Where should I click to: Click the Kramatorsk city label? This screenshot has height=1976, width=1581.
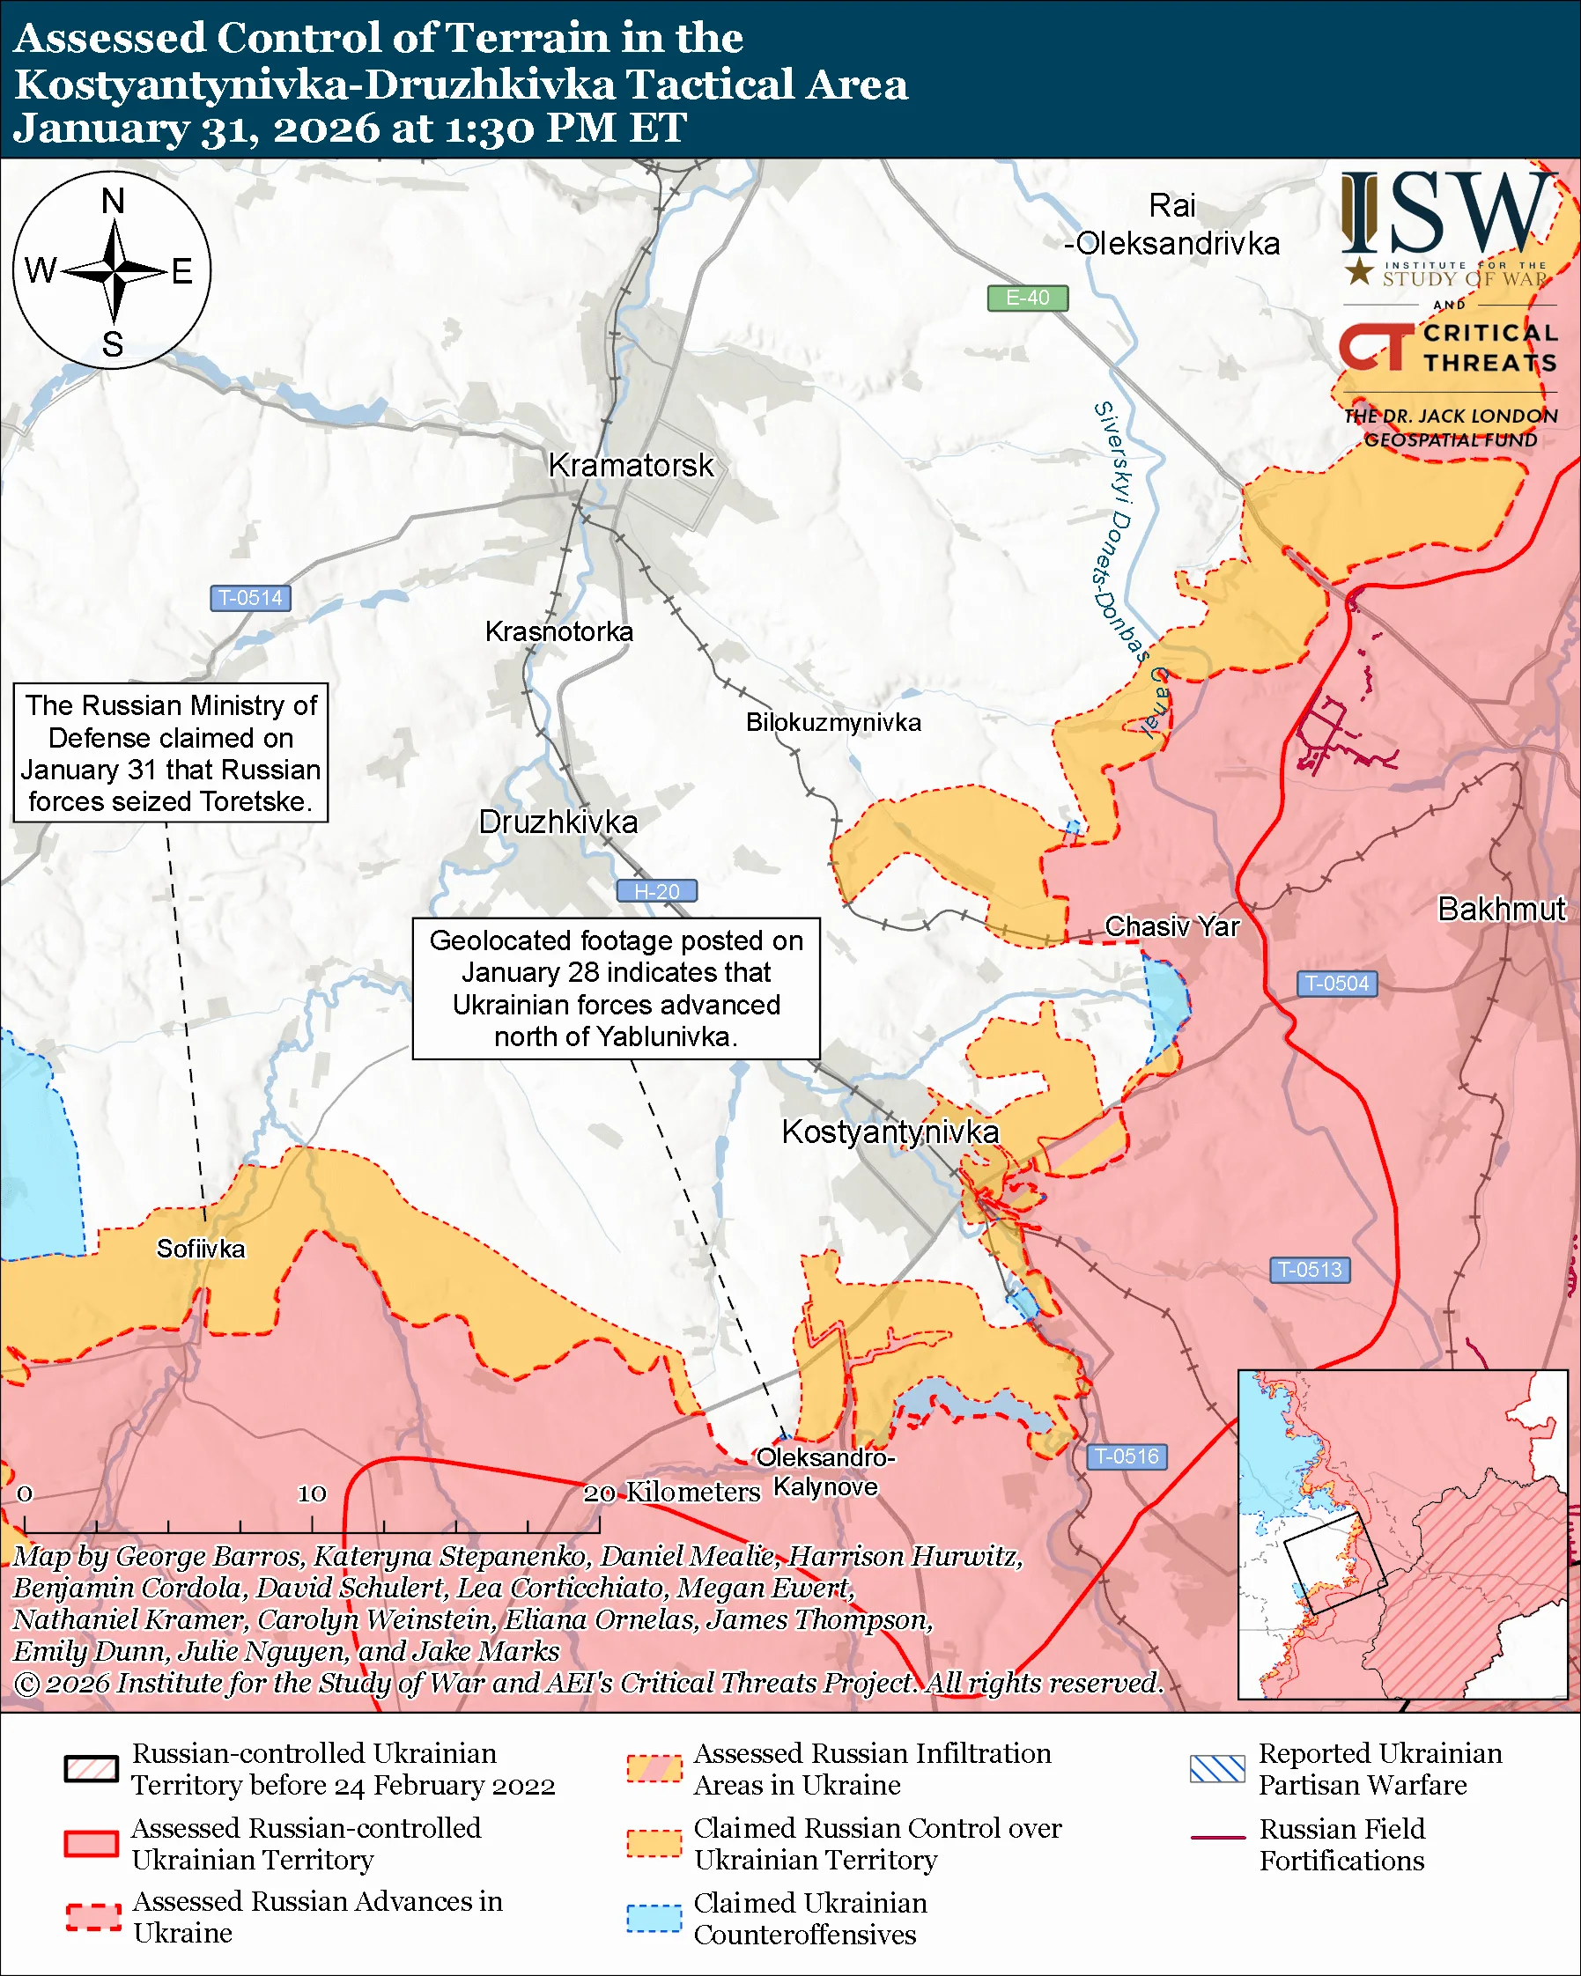click(x=631, y=466)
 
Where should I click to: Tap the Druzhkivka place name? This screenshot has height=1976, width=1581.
click(x=558, y=822)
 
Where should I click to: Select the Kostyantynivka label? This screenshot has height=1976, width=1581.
click(x=890, y=1132)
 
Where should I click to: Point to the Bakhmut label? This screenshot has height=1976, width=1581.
click(x=1501, y=909)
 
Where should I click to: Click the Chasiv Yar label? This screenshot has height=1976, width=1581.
click(x=1171, y=926)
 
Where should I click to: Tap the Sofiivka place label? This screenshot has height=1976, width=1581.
click(x=201, y=1250)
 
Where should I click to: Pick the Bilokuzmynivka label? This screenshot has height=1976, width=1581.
click(x=833, y=722)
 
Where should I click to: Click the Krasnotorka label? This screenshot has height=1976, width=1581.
click(x=559, y=631)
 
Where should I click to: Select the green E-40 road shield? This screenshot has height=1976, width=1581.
click(x=1027, y=298)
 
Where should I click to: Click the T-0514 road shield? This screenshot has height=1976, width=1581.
click(x=250, y=598)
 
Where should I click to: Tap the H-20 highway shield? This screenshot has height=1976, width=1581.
click(x=656, y=891)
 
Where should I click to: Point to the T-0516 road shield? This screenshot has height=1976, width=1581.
click(x=1127, y=1456)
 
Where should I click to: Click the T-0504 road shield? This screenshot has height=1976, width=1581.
click(x=1336, y=984)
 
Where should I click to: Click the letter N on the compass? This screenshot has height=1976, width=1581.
click(x=113, y=201)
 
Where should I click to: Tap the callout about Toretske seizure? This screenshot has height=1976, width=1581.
click(x=171, y=753)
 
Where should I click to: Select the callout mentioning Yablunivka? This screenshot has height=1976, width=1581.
click(x=616, y=988)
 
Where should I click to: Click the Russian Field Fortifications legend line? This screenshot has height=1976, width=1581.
click(x=1217, y=1838)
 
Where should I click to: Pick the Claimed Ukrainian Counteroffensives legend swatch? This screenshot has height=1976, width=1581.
click(x=654, y=1918)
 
